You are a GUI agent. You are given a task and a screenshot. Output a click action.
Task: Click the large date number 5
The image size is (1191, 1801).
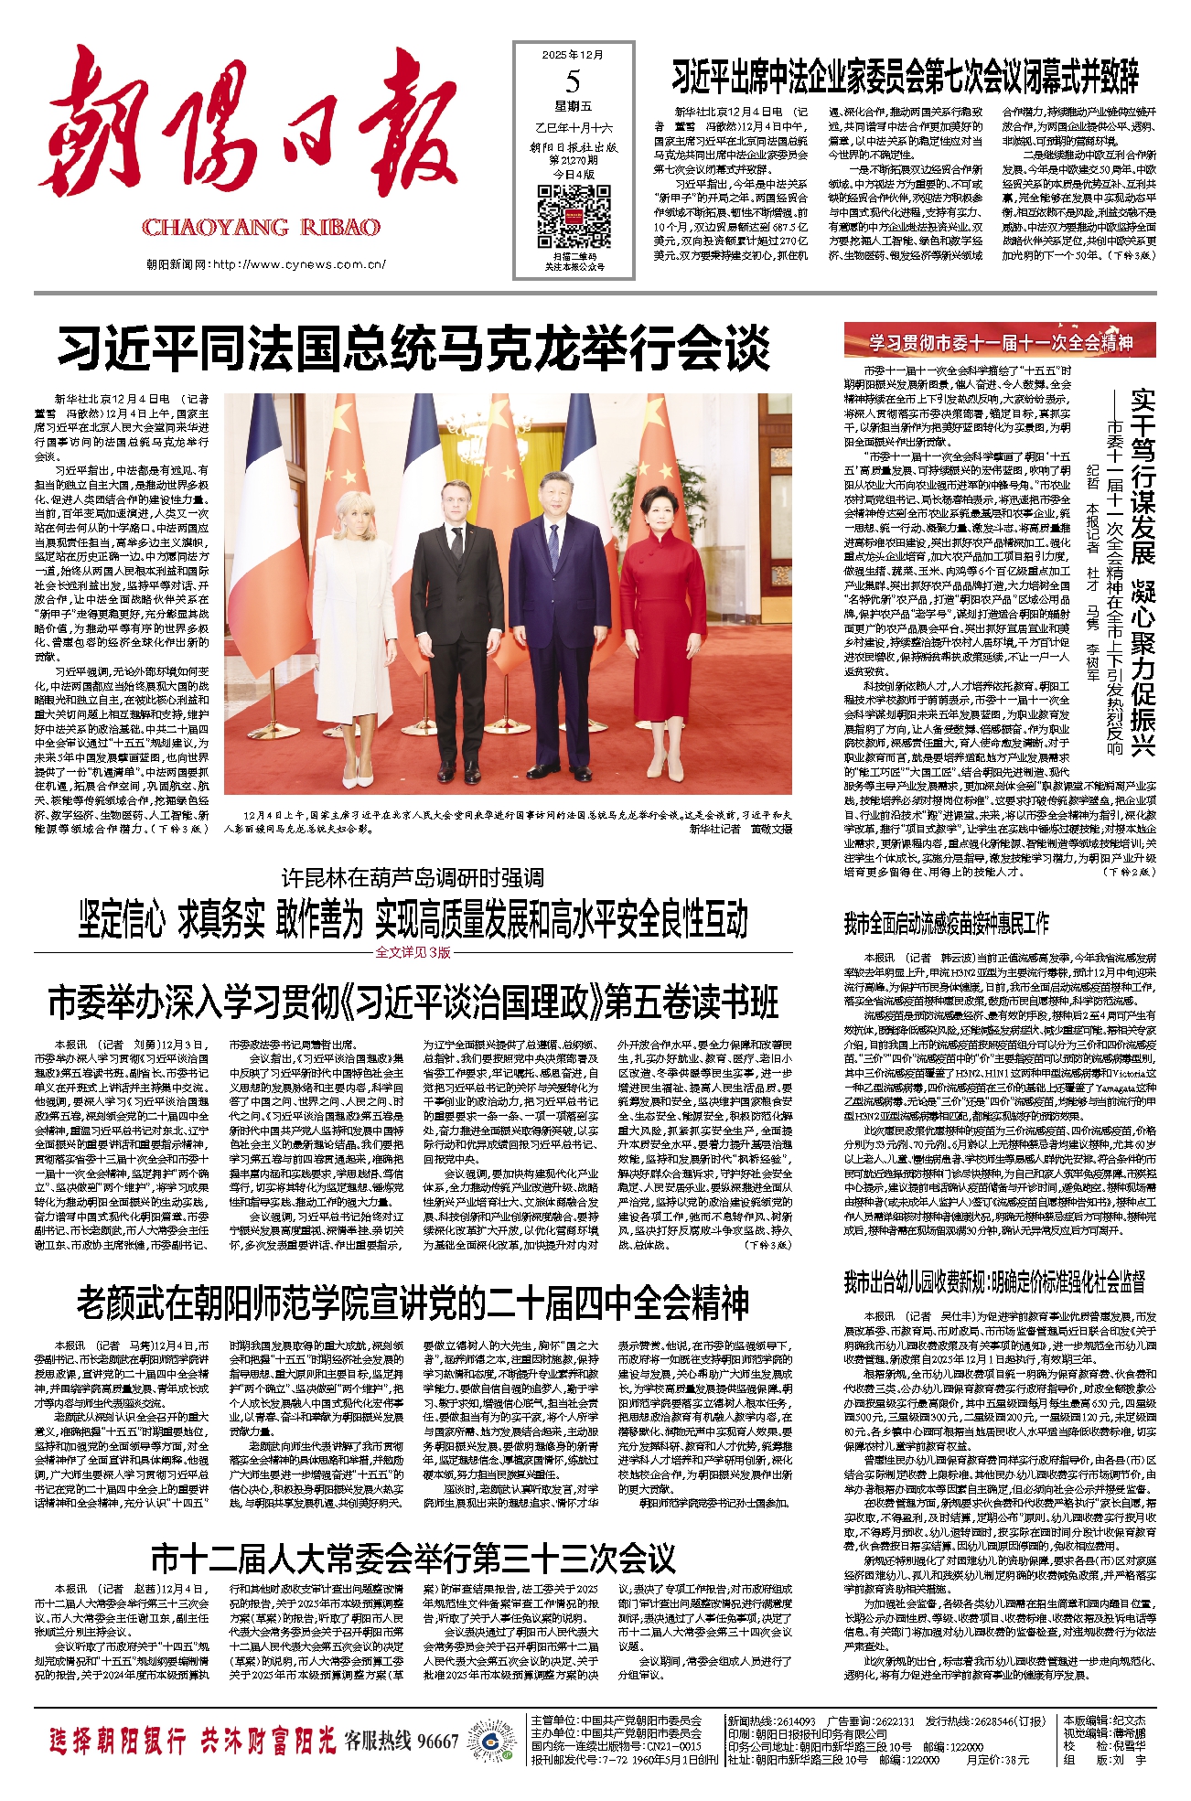573,82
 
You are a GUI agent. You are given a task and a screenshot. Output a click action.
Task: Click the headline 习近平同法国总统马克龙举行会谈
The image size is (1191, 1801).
413,348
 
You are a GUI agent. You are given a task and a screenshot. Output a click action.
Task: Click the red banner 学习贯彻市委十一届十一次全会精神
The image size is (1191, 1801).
1000,342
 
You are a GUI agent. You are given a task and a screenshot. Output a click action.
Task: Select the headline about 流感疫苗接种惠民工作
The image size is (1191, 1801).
947,923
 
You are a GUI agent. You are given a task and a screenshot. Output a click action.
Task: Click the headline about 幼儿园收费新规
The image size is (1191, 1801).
994,1281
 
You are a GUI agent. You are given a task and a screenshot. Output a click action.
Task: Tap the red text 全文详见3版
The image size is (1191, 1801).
413,952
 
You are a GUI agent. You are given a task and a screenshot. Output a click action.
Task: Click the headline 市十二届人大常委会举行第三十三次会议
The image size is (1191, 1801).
413,1558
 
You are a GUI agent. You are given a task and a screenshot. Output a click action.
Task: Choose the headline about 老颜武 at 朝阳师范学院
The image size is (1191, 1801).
413,1303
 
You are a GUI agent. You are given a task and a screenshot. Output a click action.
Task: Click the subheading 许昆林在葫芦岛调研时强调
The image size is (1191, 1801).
413,878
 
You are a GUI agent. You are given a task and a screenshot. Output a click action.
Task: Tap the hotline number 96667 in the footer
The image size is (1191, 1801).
437,1741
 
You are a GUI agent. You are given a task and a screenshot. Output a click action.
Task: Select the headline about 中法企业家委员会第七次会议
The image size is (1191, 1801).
906,77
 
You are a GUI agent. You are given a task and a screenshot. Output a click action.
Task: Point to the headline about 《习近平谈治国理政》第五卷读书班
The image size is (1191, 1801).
413,1003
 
